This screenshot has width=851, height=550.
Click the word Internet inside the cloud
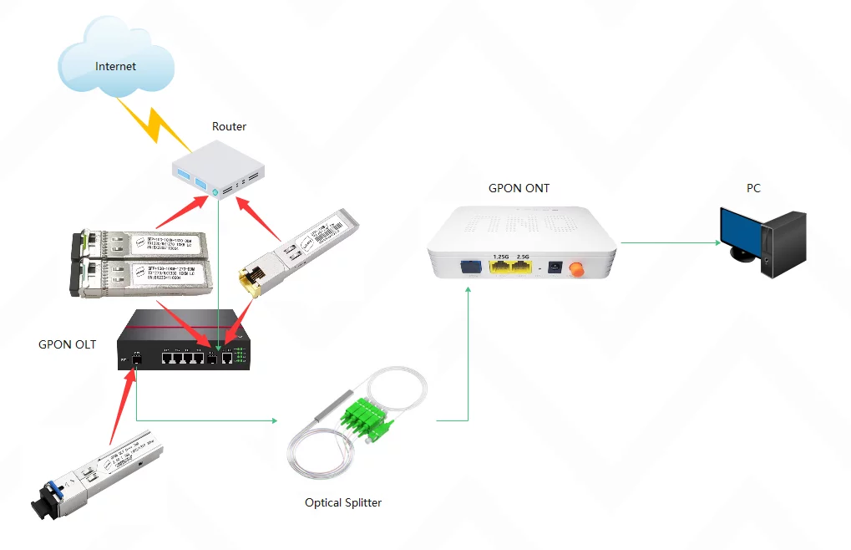click(115, 66)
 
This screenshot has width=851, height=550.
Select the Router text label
click(229, 126)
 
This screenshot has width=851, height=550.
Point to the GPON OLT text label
click(67, 344)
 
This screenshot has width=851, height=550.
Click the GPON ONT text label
click(519, 188)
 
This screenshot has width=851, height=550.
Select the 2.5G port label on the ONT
click(524, 256)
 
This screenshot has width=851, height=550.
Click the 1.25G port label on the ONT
click(501, 256)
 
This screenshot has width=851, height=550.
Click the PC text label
click(752, 188)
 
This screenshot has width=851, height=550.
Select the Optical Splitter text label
click(343, 502)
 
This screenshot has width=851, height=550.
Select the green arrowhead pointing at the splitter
click(274, 420)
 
